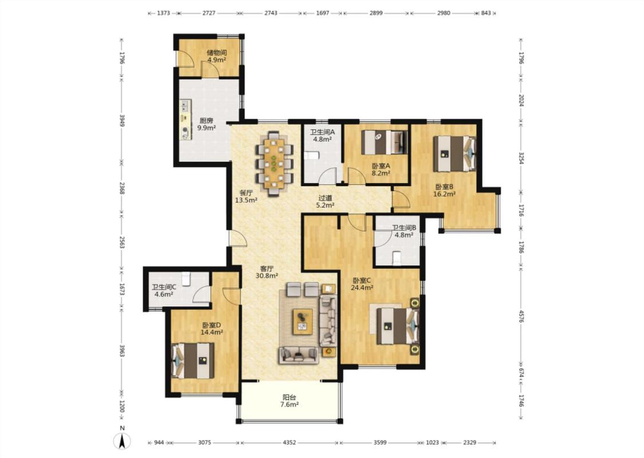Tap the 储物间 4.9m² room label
click(x=217, y=56)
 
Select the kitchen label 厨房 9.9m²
click(x=207, y=124)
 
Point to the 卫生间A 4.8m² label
click(x=322, y=136)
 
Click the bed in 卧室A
click(x=385, y=143)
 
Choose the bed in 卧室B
click(x=455, y=154)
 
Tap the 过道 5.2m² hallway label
click(x=325, y=202)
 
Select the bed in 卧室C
click(x=398, y=326)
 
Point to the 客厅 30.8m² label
click(x=267, y=273)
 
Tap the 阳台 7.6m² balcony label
click(x=289, y=401)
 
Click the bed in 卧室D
click(x=192, y=361)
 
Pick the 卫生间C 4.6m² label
click(x=164, y=291)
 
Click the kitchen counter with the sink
click(x=186, y=119)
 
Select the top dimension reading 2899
click(x=376, y=13)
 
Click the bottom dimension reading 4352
click(x=289, y=443)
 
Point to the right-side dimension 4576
click(x=521, y=316)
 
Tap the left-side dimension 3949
click(x=122, y=120)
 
